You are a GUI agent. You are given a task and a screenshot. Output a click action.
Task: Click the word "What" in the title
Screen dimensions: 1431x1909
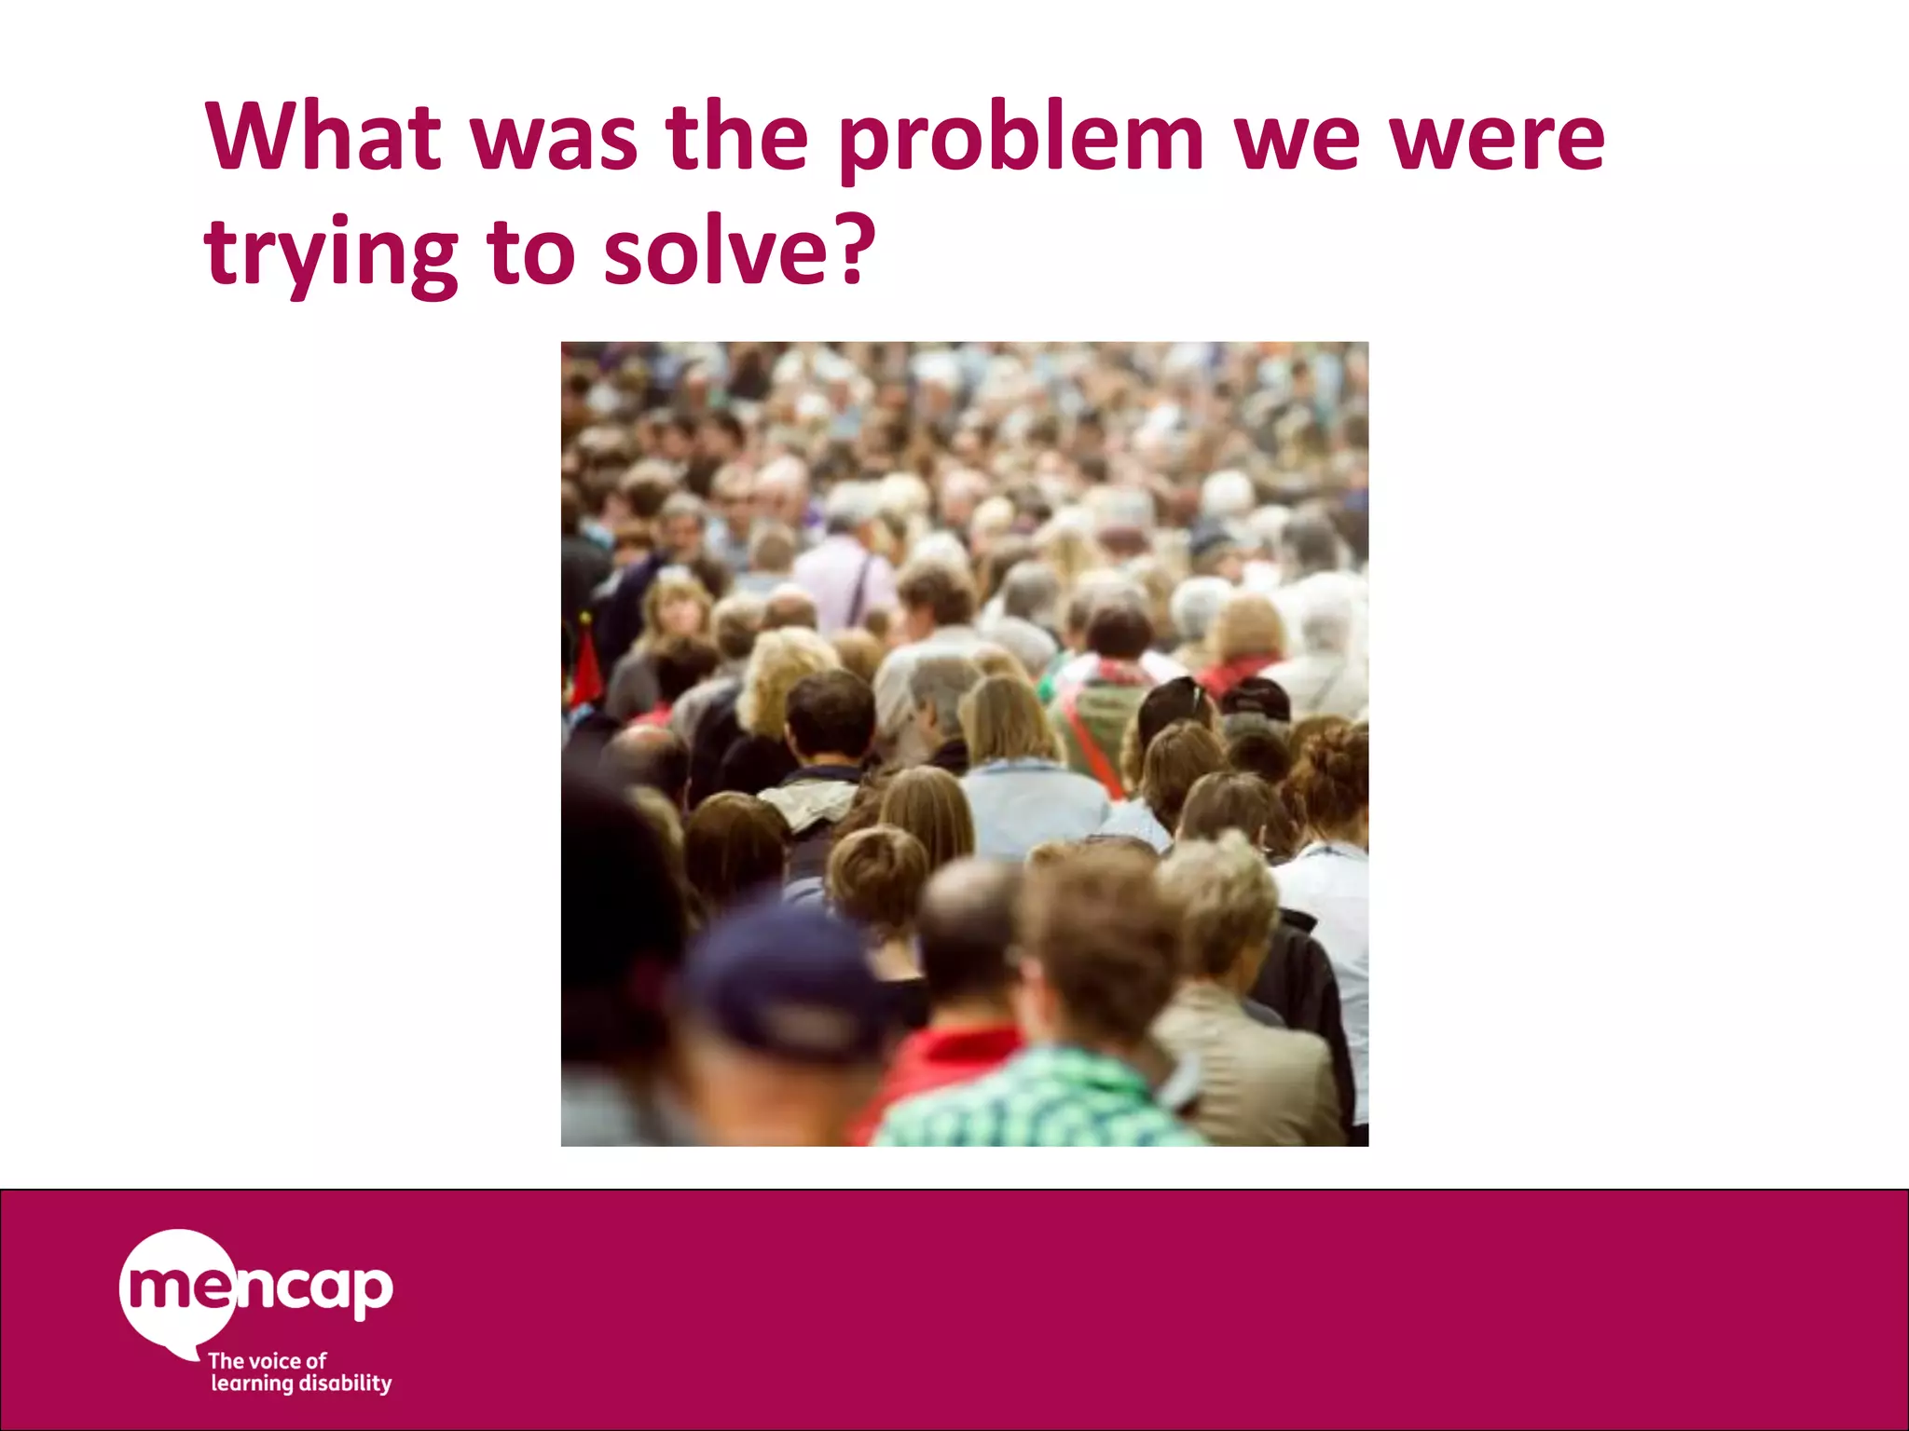(x=323, y=137)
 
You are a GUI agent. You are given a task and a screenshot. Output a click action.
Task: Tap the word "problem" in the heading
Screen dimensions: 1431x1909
(x=1021, y=140)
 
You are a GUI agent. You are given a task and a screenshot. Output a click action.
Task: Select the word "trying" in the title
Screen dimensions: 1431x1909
(x=330, y=253)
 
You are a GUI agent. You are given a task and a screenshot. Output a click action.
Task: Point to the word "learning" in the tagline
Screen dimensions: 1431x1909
(x=252, y=1384)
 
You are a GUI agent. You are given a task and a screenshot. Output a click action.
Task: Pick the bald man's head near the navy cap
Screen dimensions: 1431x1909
(x=969, y=918)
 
